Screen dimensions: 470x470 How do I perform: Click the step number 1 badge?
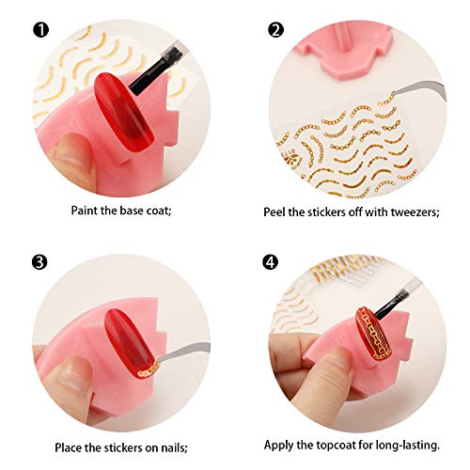[x=41, y=31]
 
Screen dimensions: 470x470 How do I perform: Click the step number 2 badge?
[x=275, y=31]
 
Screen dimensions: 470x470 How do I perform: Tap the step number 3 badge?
[x=41, y=262]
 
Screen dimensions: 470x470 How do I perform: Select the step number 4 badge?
[x=275, y=262]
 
